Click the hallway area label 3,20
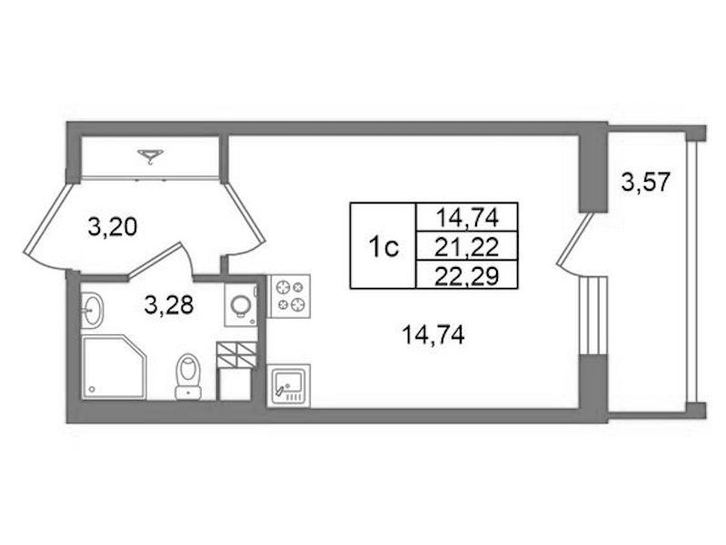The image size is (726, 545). click(x=113, y=228)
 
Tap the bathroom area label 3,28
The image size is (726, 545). click(x=168, y=305)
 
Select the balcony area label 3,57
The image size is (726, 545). click(x=645, y=182)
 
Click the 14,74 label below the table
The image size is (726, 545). click(x=433, y=335)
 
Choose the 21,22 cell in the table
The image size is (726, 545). click(x=467, y=246)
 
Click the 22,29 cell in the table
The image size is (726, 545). click(x=467, y=274)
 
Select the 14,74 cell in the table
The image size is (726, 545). click(x=467, y=217)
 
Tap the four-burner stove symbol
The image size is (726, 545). click(x=290, y=296)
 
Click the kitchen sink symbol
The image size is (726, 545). click(x=289, y=385)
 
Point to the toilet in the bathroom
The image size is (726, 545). click(x=188, y=376)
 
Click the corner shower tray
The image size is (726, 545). click(x=114, y=367)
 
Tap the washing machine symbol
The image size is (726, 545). click(x=241, y=305)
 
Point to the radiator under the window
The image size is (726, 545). click(x=592, y=315)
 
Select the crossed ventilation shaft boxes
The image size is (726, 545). click(x=236, y=354)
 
